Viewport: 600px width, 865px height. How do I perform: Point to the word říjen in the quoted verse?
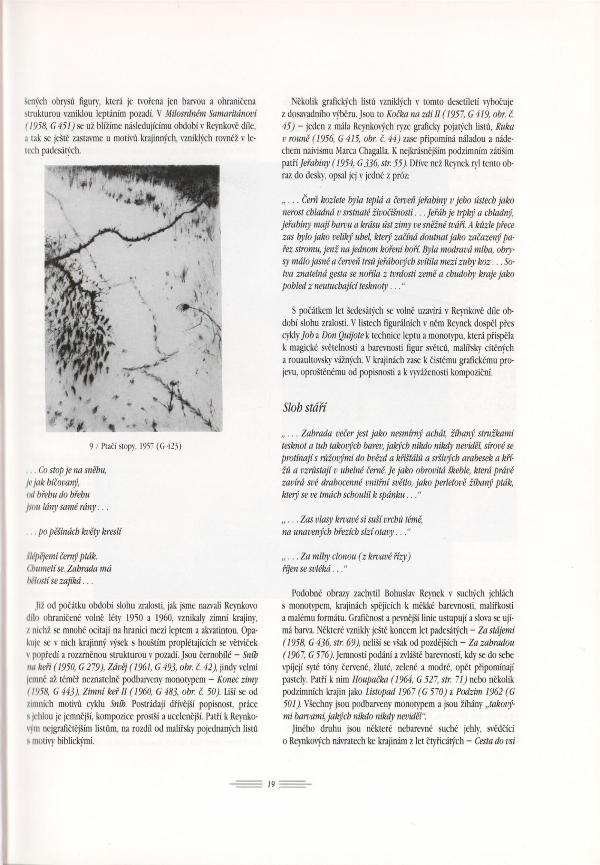(x=290, y=569)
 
